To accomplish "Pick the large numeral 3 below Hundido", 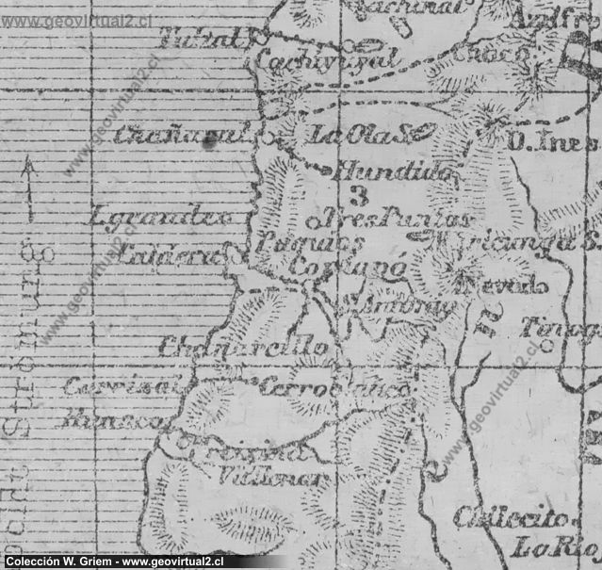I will (x=357, y=196).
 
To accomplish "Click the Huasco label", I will (x=108, y=421).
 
